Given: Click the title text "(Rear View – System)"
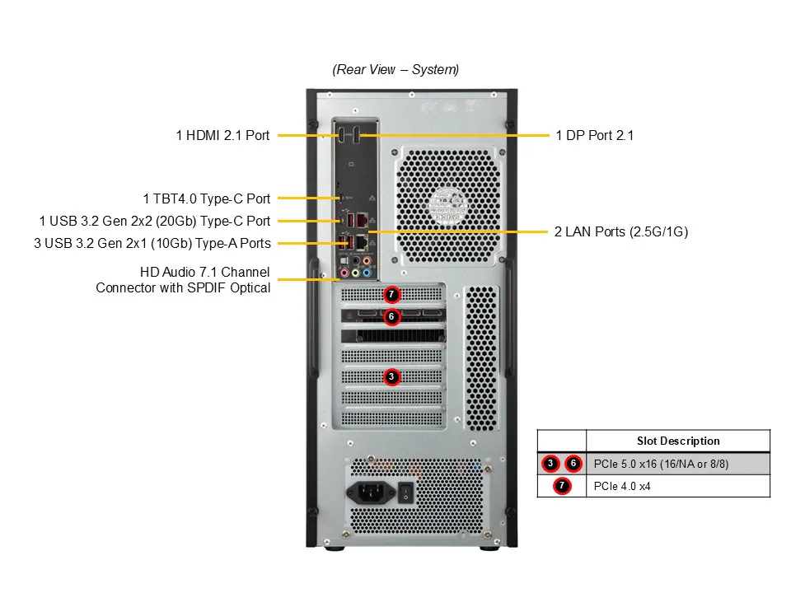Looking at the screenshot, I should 395,70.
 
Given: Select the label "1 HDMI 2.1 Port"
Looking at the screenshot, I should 222,135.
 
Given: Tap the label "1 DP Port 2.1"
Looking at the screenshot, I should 594,135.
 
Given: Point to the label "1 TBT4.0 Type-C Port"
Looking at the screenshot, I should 206,198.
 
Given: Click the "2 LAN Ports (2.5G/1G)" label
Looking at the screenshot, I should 620,232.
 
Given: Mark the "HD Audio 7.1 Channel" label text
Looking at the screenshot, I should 204,272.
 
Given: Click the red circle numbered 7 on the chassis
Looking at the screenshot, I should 391,294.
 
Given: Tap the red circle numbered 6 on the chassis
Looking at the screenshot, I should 391,316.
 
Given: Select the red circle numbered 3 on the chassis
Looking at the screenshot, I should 391,376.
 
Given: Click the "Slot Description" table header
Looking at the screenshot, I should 677,441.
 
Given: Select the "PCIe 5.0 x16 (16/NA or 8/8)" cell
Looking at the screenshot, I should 661,464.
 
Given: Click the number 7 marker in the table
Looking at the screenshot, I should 561,486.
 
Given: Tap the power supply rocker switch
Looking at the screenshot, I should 405,493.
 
